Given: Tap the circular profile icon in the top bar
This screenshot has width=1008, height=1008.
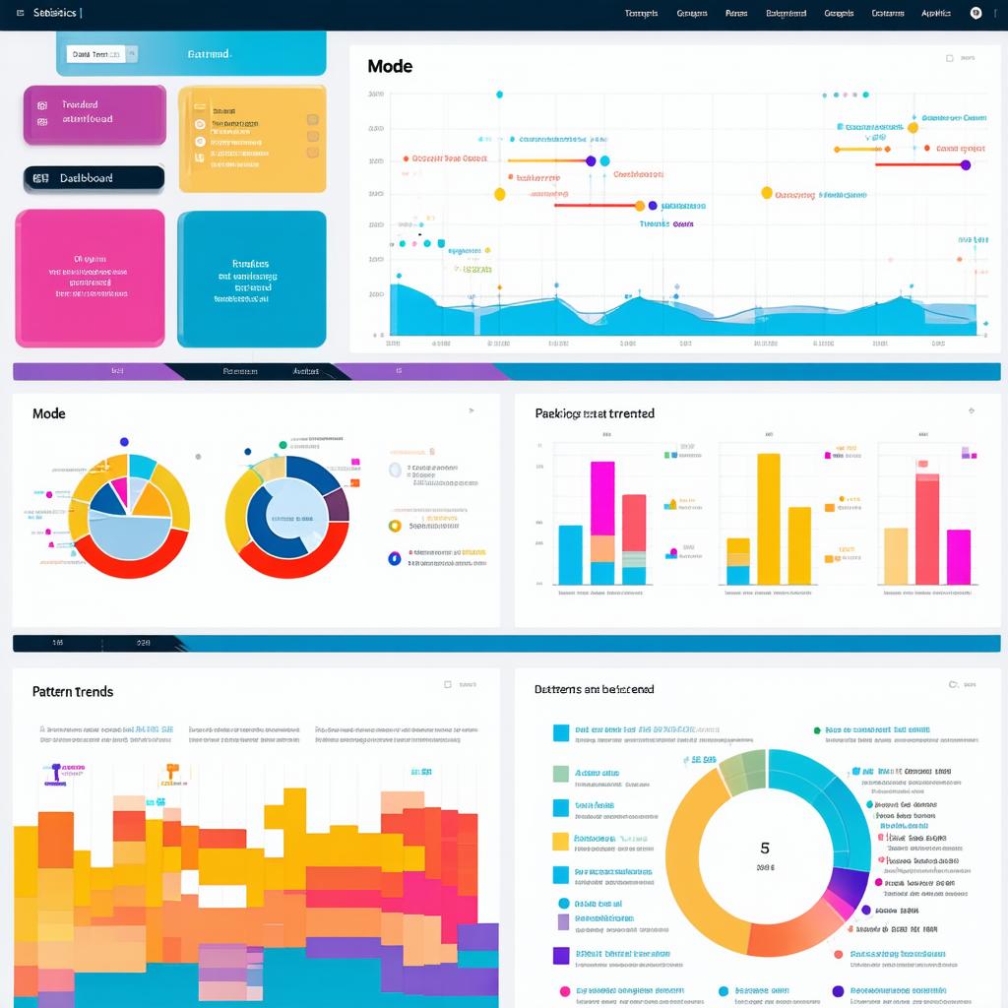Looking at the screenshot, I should click(x=976, y=14).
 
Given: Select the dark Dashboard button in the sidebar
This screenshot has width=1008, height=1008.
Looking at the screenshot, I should click(x=94, y=178).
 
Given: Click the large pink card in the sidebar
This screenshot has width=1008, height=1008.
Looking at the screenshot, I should click(x=90, y=278).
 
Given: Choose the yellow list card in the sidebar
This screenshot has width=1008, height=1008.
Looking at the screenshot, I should click(x=252, y=138).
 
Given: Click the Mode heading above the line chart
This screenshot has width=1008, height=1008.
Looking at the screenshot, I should click(x=390, y=67).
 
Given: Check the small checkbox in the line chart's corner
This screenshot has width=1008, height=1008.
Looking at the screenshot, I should click(x=950, y=59).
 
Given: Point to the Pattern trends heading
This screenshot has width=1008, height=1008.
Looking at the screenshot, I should click(x=73, y=692).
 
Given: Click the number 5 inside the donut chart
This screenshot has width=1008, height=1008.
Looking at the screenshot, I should click(x=765, y=848).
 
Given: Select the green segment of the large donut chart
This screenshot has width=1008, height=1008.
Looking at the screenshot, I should click(x=744, y=770).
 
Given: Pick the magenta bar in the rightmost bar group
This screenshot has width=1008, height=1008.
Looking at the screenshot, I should click(x=959, y=556).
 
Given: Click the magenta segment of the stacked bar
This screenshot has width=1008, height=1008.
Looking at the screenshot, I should click(x=602, y=497).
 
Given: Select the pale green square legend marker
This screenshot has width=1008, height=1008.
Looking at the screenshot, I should click(x=561, y=774).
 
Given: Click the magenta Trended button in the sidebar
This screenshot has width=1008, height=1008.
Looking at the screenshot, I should click(x=94, y=114).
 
